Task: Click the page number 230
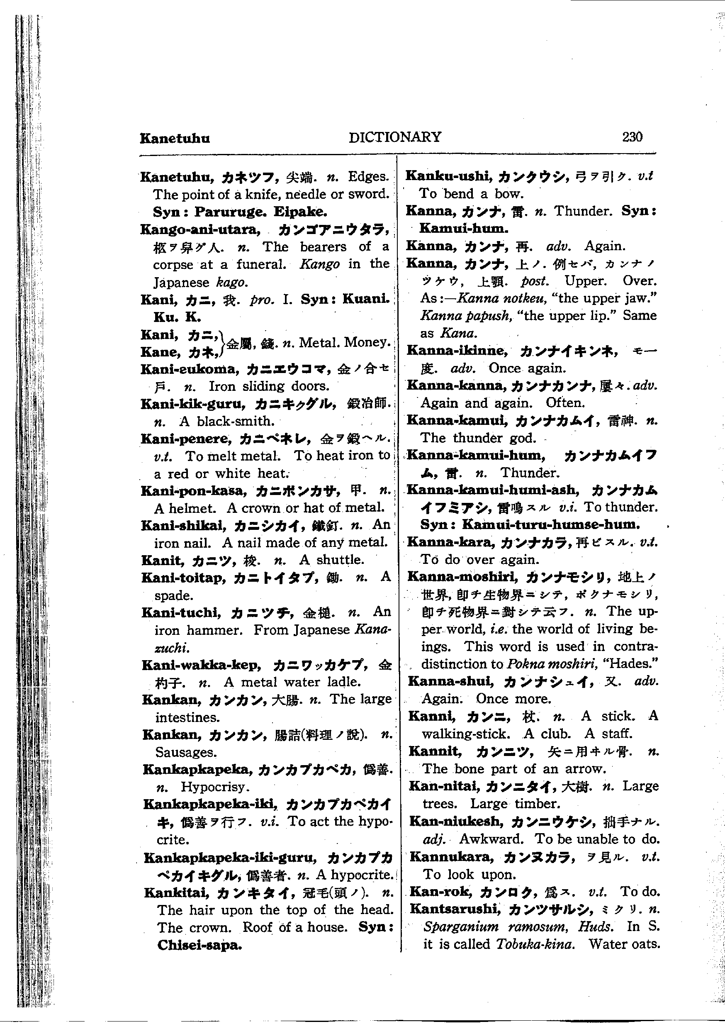point(632,137)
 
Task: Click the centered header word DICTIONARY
point(395,137)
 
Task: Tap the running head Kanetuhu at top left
point(175,138)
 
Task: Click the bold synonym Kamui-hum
point(463,229)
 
